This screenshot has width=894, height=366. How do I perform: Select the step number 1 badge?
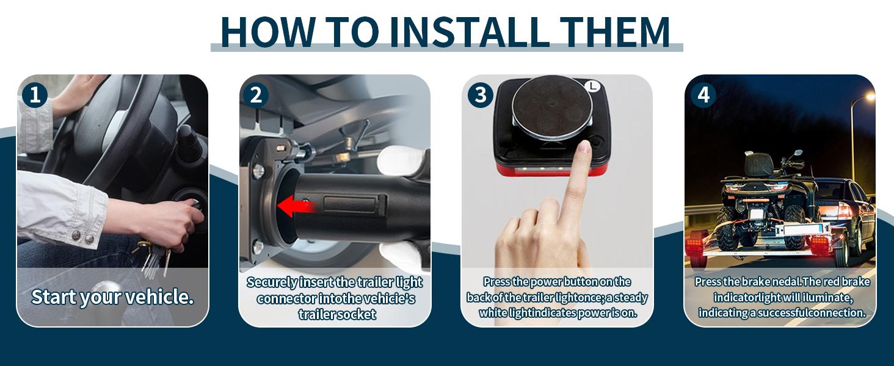[35, 95]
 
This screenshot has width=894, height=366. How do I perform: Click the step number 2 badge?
[256, 95]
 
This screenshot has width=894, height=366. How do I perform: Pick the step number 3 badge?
[481, 95]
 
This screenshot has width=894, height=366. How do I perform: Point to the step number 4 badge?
[703, 95]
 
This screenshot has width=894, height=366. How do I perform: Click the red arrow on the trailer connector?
[297, 206]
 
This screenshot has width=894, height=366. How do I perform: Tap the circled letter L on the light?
[593, 85]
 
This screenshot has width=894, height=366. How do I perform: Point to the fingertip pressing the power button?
[584, 147]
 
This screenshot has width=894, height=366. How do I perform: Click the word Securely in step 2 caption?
[272, 282]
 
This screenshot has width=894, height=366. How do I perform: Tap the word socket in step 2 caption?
[357, 315]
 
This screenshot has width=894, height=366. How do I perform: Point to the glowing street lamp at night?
[870, 96]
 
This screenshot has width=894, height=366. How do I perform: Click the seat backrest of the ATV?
[757, 165]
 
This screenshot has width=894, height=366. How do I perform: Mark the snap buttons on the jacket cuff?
[82, 237]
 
